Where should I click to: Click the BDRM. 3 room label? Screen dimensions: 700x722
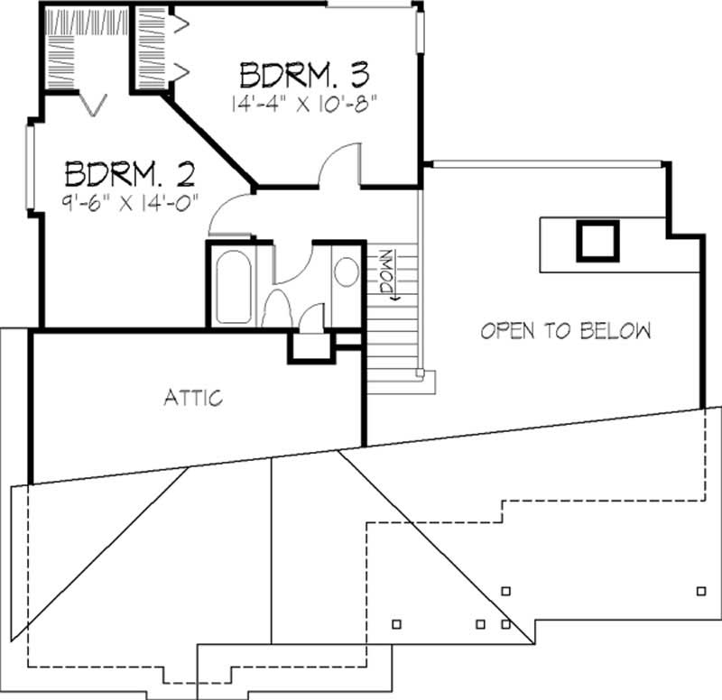click(306, 72)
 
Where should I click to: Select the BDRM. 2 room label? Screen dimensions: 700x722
click(132, 171)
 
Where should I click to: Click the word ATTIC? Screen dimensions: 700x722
click(193, 397)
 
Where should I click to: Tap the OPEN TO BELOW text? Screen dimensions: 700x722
click(566, 330)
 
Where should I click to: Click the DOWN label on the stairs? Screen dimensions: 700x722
click(385, 272)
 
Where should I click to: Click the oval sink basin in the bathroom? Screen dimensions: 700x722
click(346, 272)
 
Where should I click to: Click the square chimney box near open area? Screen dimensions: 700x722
click(597, 241)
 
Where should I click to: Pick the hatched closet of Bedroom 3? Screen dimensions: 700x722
click(150, 46)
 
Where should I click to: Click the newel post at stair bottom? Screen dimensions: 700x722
click(421, 373)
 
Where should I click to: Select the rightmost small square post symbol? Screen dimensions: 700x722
click(701, 591)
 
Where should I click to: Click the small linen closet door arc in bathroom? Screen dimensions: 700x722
click(311, 317)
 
